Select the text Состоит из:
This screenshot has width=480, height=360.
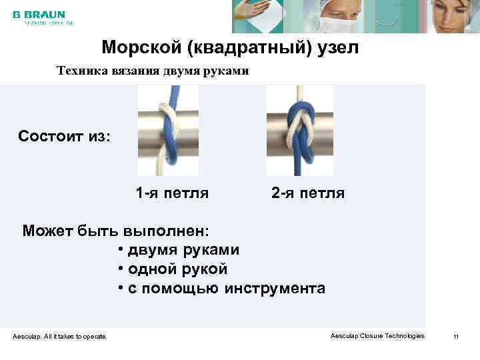[65, 137]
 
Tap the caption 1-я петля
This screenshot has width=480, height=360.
[172, 194]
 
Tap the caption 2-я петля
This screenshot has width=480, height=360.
[308, 194]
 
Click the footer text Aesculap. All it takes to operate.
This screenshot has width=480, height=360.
[60, 337]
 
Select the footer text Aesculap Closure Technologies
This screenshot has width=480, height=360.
[377, 336]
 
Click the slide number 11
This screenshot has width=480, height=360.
[456, 337]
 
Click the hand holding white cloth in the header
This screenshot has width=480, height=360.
[256, 15]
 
